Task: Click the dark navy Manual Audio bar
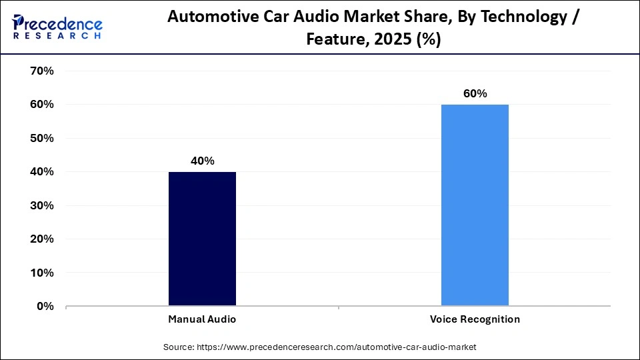202,239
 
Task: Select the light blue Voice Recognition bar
475,205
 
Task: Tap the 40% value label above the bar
202,161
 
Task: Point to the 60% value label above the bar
475,93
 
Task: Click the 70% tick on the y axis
41,71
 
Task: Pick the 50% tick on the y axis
41,139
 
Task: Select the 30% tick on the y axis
41,205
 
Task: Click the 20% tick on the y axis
41,239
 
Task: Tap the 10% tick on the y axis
41,273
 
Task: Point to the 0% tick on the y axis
45,307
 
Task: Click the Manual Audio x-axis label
202,319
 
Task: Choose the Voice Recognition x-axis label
475,319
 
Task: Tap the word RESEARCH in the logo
57,35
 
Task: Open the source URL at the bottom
337,347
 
